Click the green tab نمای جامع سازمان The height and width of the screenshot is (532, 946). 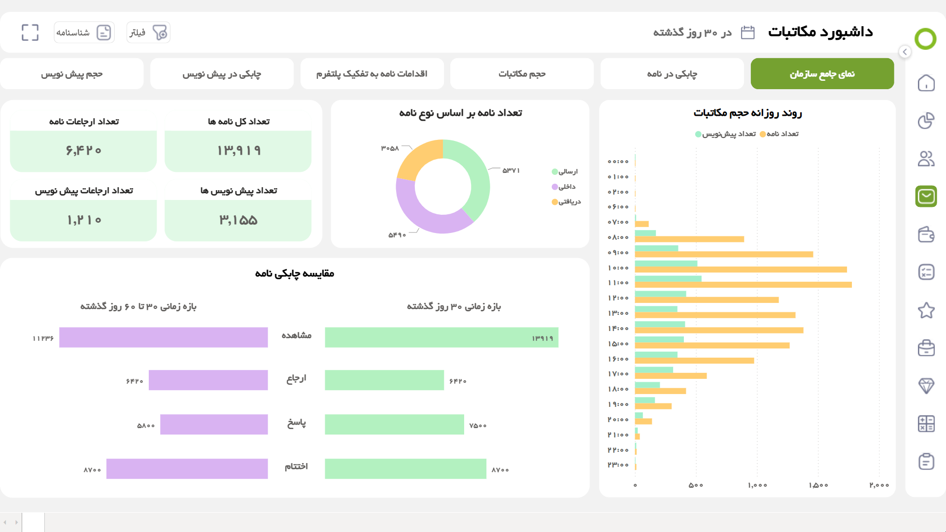[x=822, y=74]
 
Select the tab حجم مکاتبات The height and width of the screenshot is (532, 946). [x=522, y=74]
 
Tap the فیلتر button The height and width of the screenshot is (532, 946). [x=148, y=33]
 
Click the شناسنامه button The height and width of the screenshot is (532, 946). [x=84, y=33]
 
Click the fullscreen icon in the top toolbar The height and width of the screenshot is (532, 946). [x=30, y=33]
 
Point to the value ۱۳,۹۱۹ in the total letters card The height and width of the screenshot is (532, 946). [x=238, y=151]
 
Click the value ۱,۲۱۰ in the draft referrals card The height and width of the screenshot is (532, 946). [x=84, y=220]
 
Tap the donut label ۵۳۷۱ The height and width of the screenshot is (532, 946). [x=511, y=170]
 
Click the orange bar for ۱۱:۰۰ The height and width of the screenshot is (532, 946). [x=743, y=285]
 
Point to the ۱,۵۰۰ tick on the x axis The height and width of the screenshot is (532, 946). [x=818, y=485]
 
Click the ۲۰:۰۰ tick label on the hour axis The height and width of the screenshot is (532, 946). [x=618, y=420]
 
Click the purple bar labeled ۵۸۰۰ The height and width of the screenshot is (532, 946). [x=214, y=424]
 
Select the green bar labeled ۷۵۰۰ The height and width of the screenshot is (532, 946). [x=394, y=424]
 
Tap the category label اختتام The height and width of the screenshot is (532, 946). [x=296, y=466]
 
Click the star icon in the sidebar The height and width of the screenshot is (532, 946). [x=926, y=310]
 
